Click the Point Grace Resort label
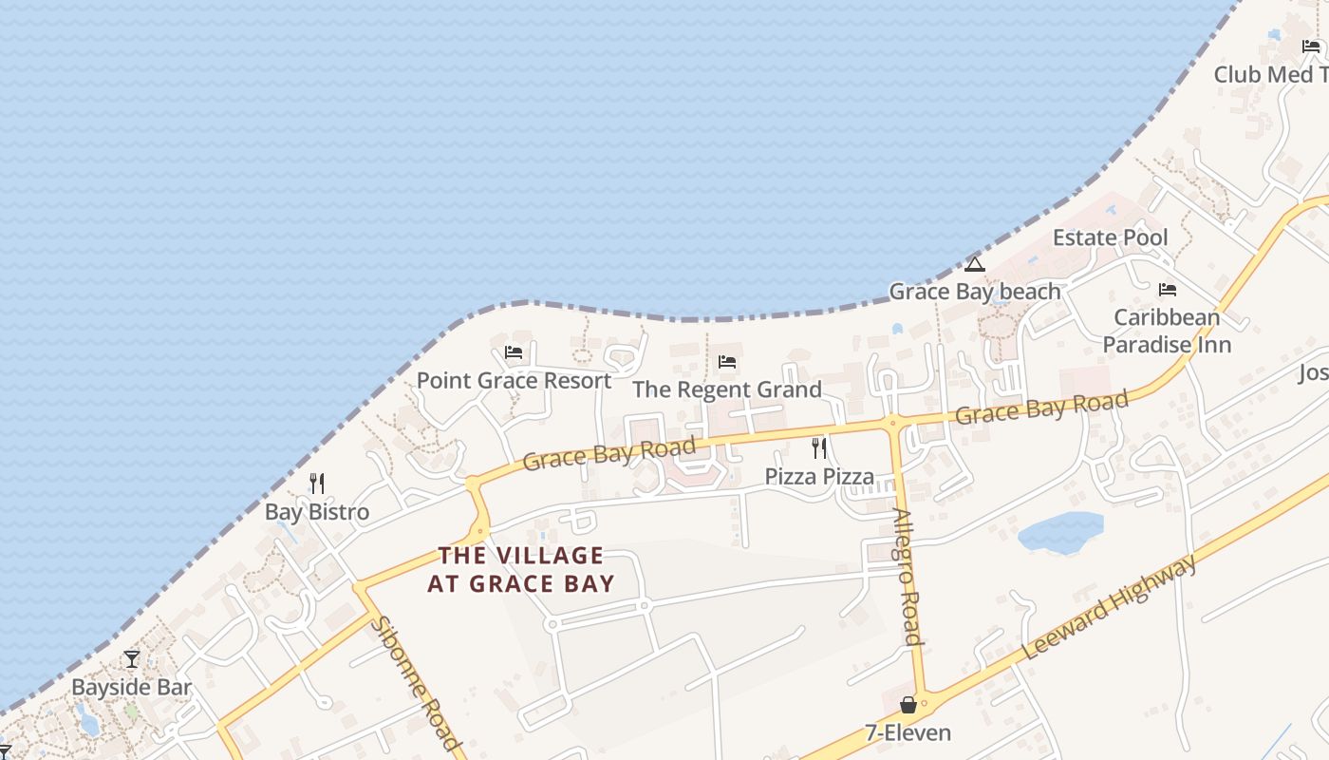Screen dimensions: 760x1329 (514, 381)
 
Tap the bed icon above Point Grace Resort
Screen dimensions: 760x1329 (514, 352)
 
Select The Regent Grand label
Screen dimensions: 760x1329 (727, 389)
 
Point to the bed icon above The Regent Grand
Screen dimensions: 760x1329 (727, 362)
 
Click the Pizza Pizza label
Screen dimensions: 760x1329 (819, 476)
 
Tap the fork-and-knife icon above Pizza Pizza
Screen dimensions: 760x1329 (819, 448)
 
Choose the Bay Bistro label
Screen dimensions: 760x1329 (316, 512)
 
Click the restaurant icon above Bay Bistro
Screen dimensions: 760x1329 (317, 484)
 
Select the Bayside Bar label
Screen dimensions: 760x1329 (132, 687)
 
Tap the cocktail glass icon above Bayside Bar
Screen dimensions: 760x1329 (132, 659)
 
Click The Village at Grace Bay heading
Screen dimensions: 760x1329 (520, 569)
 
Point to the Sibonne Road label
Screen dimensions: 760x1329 (417, 683)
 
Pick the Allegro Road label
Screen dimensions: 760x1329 (908, 577)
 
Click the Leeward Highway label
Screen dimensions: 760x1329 (1112, 609)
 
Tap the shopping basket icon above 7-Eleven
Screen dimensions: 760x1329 (908, 705)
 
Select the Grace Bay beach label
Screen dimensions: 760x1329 (974, 292)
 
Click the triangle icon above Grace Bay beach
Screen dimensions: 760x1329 (974, 265)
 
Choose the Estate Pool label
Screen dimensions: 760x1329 (1110, 237)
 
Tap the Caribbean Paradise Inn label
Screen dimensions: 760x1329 (1167, 331)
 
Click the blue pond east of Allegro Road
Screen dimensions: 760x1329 (1060, 533)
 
